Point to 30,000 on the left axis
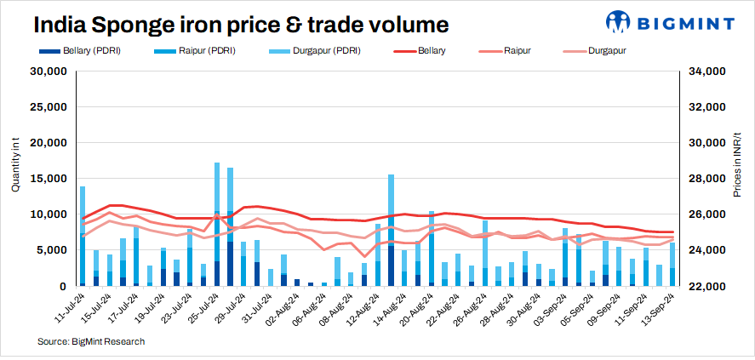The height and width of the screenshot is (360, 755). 49,71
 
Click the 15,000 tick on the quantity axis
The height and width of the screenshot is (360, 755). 49,179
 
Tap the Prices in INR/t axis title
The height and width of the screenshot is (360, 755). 737,166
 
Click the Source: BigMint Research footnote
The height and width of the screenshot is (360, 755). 90,341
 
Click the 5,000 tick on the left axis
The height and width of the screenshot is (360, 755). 51,250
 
